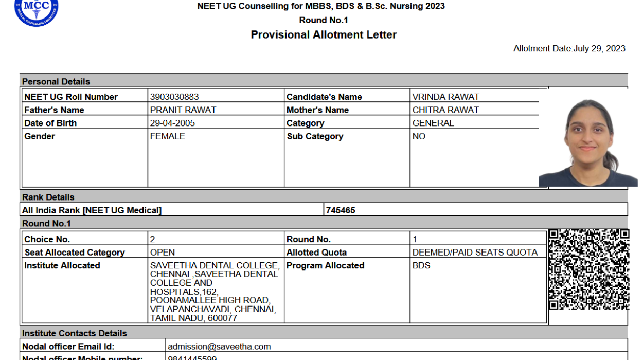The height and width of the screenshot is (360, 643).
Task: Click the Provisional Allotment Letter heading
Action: click(324, 35)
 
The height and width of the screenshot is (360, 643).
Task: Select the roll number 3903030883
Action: click(174, 97)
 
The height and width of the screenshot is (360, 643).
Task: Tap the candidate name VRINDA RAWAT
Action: click(445, 97)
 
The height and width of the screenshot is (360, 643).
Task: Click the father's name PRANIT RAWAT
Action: click(183, 110)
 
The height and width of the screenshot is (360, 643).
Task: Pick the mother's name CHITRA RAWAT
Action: click(445, 110)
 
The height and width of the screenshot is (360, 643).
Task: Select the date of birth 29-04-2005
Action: click(172, 123)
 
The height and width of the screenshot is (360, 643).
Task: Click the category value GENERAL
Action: click(433, 123)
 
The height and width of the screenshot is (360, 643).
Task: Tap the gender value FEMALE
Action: click(167, 137)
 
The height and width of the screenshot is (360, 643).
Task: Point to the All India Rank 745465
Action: click(341, 210)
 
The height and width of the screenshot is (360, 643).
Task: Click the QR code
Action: click(588, 269)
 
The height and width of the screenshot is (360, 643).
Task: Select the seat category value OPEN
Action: click(163, 253)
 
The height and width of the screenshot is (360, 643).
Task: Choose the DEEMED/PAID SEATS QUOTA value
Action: click(475, 253)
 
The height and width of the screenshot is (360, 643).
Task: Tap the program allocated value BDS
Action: click(421, 266)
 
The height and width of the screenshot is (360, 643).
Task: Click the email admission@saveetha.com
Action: click(219, 347)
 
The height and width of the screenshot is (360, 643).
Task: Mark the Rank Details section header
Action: click(48, 197)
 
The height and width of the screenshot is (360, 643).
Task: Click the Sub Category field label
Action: click(315, 137)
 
